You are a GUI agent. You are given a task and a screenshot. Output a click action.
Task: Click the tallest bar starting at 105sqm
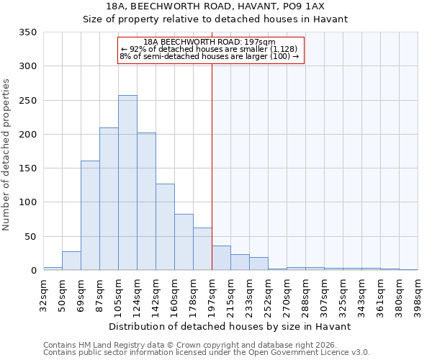(127, 183)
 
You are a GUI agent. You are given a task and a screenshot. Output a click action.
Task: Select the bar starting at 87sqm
(109, 199)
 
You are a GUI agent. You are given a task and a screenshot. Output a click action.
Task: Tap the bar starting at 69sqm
(90, 215)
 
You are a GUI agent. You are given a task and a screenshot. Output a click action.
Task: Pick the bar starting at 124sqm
(146, 202)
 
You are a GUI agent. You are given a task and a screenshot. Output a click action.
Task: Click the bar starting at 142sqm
(165, 227)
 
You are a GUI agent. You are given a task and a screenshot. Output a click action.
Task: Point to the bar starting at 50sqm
(71, 261)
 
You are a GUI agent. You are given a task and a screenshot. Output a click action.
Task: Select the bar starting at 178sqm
(202, 249)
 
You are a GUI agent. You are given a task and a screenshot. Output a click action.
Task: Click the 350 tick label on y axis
(28, 32)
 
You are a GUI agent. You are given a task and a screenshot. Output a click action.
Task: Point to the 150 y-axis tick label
(28, 168)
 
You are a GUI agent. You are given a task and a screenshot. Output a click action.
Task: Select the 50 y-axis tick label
(31, 236)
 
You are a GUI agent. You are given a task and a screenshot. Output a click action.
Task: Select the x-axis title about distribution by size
(230, 326)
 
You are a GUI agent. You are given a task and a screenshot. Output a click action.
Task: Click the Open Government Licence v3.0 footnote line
(207, 353)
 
